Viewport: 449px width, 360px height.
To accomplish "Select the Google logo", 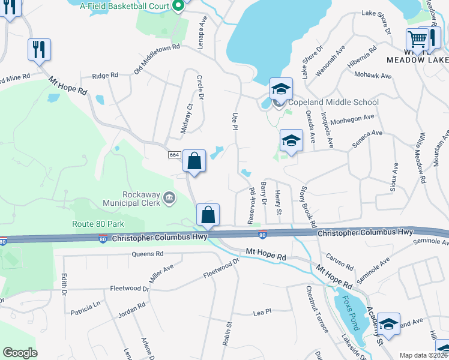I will pyautogui.click(x=20, y=353).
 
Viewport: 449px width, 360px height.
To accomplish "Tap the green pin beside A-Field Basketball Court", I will pyautogui.click(x=178, y=7).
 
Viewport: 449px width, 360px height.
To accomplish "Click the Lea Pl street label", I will pyautogui.click(x=262, y=312).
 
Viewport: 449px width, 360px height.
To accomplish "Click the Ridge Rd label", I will pyautogui.click(x=104, y=76).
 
